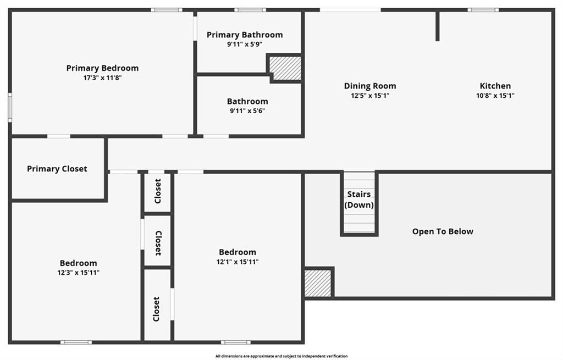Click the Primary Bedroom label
102,68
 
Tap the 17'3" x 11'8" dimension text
103,78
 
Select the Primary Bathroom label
245,35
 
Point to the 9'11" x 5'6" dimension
247,111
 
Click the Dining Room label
370,86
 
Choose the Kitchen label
495,86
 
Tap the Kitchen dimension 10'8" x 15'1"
495,96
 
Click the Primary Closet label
57,169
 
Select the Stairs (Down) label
359,200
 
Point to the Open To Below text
443,231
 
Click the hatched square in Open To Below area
318,283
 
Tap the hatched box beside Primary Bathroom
285,68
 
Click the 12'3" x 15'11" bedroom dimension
78,273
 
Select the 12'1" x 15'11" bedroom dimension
238,262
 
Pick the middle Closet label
158,243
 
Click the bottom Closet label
156,309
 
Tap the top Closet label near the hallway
158,191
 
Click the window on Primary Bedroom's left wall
10,107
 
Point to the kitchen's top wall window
483,10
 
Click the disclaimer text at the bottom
281,356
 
